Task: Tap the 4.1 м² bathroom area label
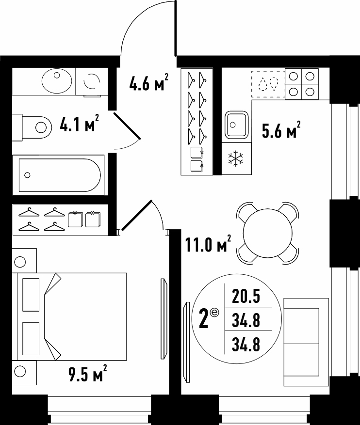coord(79,123)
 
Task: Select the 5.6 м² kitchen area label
coord(281,130)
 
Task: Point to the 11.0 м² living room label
coord(208,243)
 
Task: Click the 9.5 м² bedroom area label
coord(88,373)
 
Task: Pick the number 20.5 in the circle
coord(246,296)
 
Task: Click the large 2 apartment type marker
coord(204,319)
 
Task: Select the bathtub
coord(59,175)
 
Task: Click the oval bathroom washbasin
coord(57,81)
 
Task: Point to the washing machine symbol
coord(92,81)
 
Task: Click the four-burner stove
coord(302,84)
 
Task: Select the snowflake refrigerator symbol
coord(236,159)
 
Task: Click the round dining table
coord(268,233)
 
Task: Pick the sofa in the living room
coord(306,342)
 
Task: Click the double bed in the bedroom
coord(72,316)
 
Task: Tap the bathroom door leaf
coord(127,126)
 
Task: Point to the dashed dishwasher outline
coord(268,84)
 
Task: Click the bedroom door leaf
coord(137,215)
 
